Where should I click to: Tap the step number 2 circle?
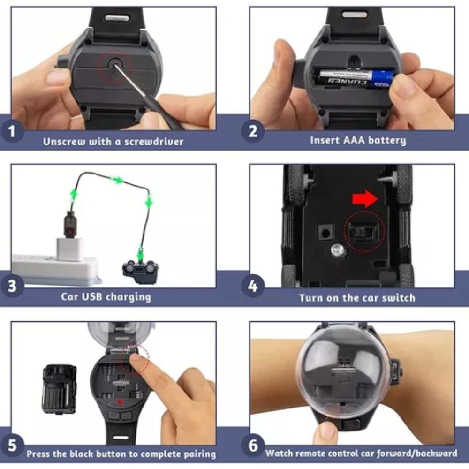(253, 131)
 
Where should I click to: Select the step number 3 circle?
(12, 286)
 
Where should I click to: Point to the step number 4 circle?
(253, 286)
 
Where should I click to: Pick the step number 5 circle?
(12, 446)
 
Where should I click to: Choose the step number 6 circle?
(253, 446)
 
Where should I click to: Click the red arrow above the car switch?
(365, 199)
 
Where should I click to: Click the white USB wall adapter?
(70, 249)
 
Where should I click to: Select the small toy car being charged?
(140, 272)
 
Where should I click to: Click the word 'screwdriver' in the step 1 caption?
(154, 142)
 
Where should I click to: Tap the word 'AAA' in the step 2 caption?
(354, 140)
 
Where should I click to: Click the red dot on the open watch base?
(120, 402)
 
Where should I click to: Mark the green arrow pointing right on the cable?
(117, 180)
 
